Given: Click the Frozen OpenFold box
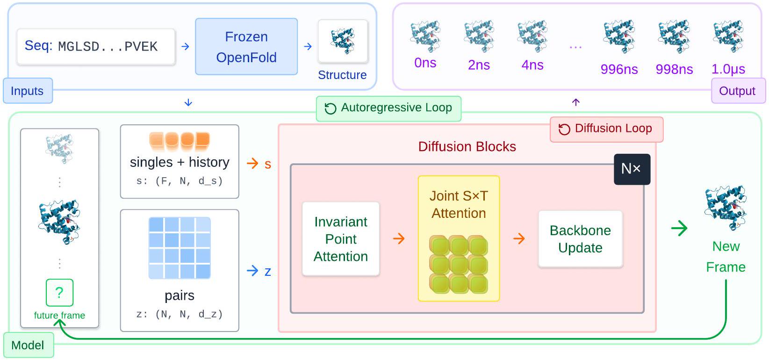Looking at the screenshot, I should [x=246, y=47].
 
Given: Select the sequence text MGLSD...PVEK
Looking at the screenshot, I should [x=108, y=46].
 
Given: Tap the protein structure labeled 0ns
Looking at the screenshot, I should [x=425, y=36].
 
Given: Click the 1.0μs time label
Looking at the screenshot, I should [x=728, y=69].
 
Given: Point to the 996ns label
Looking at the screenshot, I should [x=619, y=69].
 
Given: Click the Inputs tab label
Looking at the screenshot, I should [x=27, y=91].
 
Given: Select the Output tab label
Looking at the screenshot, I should [x=737, y=91].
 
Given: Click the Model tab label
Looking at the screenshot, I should [x=28, y=345].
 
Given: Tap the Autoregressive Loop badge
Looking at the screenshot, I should [x=388, y=108].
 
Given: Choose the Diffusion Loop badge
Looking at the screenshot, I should [x=606, y=129].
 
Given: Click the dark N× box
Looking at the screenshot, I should [x=631, y=169].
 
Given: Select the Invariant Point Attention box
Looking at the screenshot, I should [x=341, y=239].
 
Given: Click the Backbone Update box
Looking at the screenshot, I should [x=580, y=239].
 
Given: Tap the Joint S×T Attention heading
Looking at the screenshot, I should [x=459, y=204].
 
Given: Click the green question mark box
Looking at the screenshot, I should [x=59, y=292].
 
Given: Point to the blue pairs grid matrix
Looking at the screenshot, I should [x=180, y=248].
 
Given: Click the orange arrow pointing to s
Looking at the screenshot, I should [x=252, y=163].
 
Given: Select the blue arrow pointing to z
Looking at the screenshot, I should [x=252, y=271].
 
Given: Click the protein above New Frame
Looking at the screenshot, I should [x=726, y=208].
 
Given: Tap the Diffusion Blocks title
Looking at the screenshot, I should [x=467, y=147].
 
